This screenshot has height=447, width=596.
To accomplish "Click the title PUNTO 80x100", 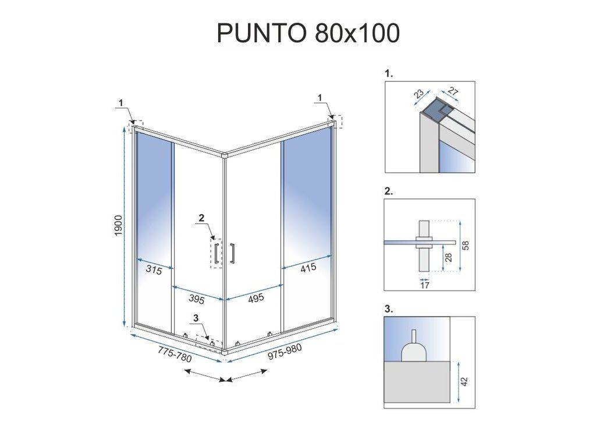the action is click(x=308, y=33).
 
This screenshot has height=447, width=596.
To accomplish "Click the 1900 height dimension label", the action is click(x=119, y=225).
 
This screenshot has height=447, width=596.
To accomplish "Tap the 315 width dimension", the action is click(x=154, y=270).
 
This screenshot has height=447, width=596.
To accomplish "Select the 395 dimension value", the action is click(x=197, y=300).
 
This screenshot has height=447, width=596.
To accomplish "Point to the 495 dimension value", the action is click(x=256, y=298).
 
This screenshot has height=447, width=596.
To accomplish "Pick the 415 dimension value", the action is click(x=308, y=268).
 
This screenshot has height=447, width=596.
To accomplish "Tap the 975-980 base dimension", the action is click(x=285, y=352).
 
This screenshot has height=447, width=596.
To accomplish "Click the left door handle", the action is click(x=216, y=253).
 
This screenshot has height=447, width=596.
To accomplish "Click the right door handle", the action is click(x=232, y=253).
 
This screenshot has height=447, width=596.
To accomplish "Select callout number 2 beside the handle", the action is click(x=201, y=218).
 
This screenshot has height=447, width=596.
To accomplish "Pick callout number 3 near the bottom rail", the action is click(x=196, y=318).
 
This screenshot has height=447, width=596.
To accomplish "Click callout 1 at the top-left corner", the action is click(x=121, y=102).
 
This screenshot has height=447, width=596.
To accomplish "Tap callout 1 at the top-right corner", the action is click(x=320, y=98).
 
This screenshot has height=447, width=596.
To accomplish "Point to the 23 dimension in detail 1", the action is click(x=418, y=94).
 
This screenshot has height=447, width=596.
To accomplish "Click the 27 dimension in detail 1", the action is click(x=453, y=92).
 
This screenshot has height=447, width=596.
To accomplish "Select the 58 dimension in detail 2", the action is click(x=466, y=246).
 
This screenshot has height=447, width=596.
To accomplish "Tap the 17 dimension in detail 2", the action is click(x=425, y=285).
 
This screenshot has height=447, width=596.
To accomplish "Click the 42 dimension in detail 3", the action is click(x=465, y=381).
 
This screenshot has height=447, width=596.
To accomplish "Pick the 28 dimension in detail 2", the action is click(x=449, y=257).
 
